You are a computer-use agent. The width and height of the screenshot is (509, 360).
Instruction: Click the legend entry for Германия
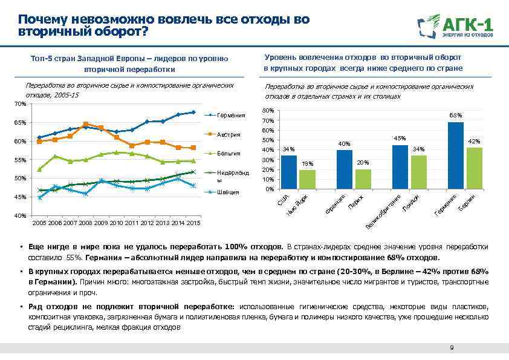pyautogui.click(x=232, y=115)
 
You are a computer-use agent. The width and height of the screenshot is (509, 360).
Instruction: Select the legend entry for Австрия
pyautogui.click(x=230, y=134)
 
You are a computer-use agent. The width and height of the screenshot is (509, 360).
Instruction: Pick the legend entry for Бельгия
pyautogui.click(x=230, y=154)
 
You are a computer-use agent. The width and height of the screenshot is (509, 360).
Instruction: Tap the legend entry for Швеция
pyautogui.click(x=230, y=192)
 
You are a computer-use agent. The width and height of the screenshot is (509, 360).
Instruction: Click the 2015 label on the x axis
pyautogui.click(x=193, y=223)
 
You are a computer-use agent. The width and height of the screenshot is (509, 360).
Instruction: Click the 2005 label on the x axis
pyautogui.click(x=39, y=223)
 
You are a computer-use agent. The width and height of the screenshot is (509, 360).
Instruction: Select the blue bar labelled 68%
pyautogui.click(x=456, y=156)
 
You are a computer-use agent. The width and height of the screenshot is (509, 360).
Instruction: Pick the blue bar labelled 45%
pyautogui.click(x=400, y=167)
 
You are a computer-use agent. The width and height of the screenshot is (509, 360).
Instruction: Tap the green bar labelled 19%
pyautogui.click(x=307, y=180)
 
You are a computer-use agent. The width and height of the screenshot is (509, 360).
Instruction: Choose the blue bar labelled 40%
pyautogui.click(x=345, y=169)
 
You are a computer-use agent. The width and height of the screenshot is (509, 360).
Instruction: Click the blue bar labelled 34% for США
pyautogui.click(x=289, y=172)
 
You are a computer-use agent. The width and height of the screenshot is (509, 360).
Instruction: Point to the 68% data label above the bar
pyautogui.click(x=456, y=115)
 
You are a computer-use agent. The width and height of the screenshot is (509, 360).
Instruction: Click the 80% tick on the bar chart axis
pyautogui.click(x=268, y=111)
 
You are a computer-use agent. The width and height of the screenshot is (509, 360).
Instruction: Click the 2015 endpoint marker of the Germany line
pyautogui.click(x=193, y=112)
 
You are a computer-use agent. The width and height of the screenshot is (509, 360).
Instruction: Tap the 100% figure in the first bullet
pyautogui.click(x=234, y=247)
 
